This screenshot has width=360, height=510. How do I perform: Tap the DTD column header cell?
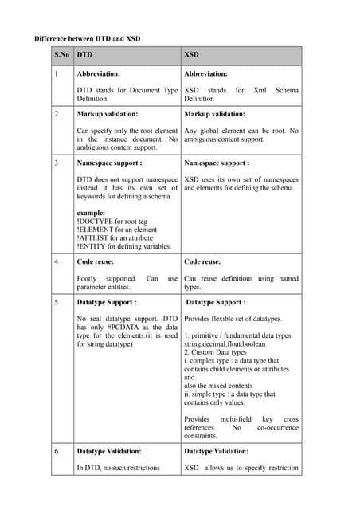tap(84, 56)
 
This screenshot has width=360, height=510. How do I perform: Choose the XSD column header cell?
tap(192, 56)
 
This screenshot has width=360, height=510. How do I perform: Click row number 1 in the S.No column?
tap(57, 73)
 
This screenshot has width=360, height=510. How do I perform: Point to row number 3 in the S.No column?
tap(57, 163)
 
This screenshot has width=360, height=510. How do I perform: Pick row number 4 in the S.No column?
tap(57, 261)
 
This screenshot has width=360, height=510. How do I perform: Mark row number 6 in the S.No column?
tap(57, 451)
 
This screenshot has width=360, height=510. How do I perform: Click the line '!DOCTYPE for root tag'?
tap(113, 222)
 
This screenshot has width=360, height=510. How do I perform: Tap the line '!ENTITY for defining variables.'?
tap(123, 247)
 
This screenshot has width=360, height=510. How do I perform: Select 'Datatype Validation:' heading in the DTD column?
tap(109, 451)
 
